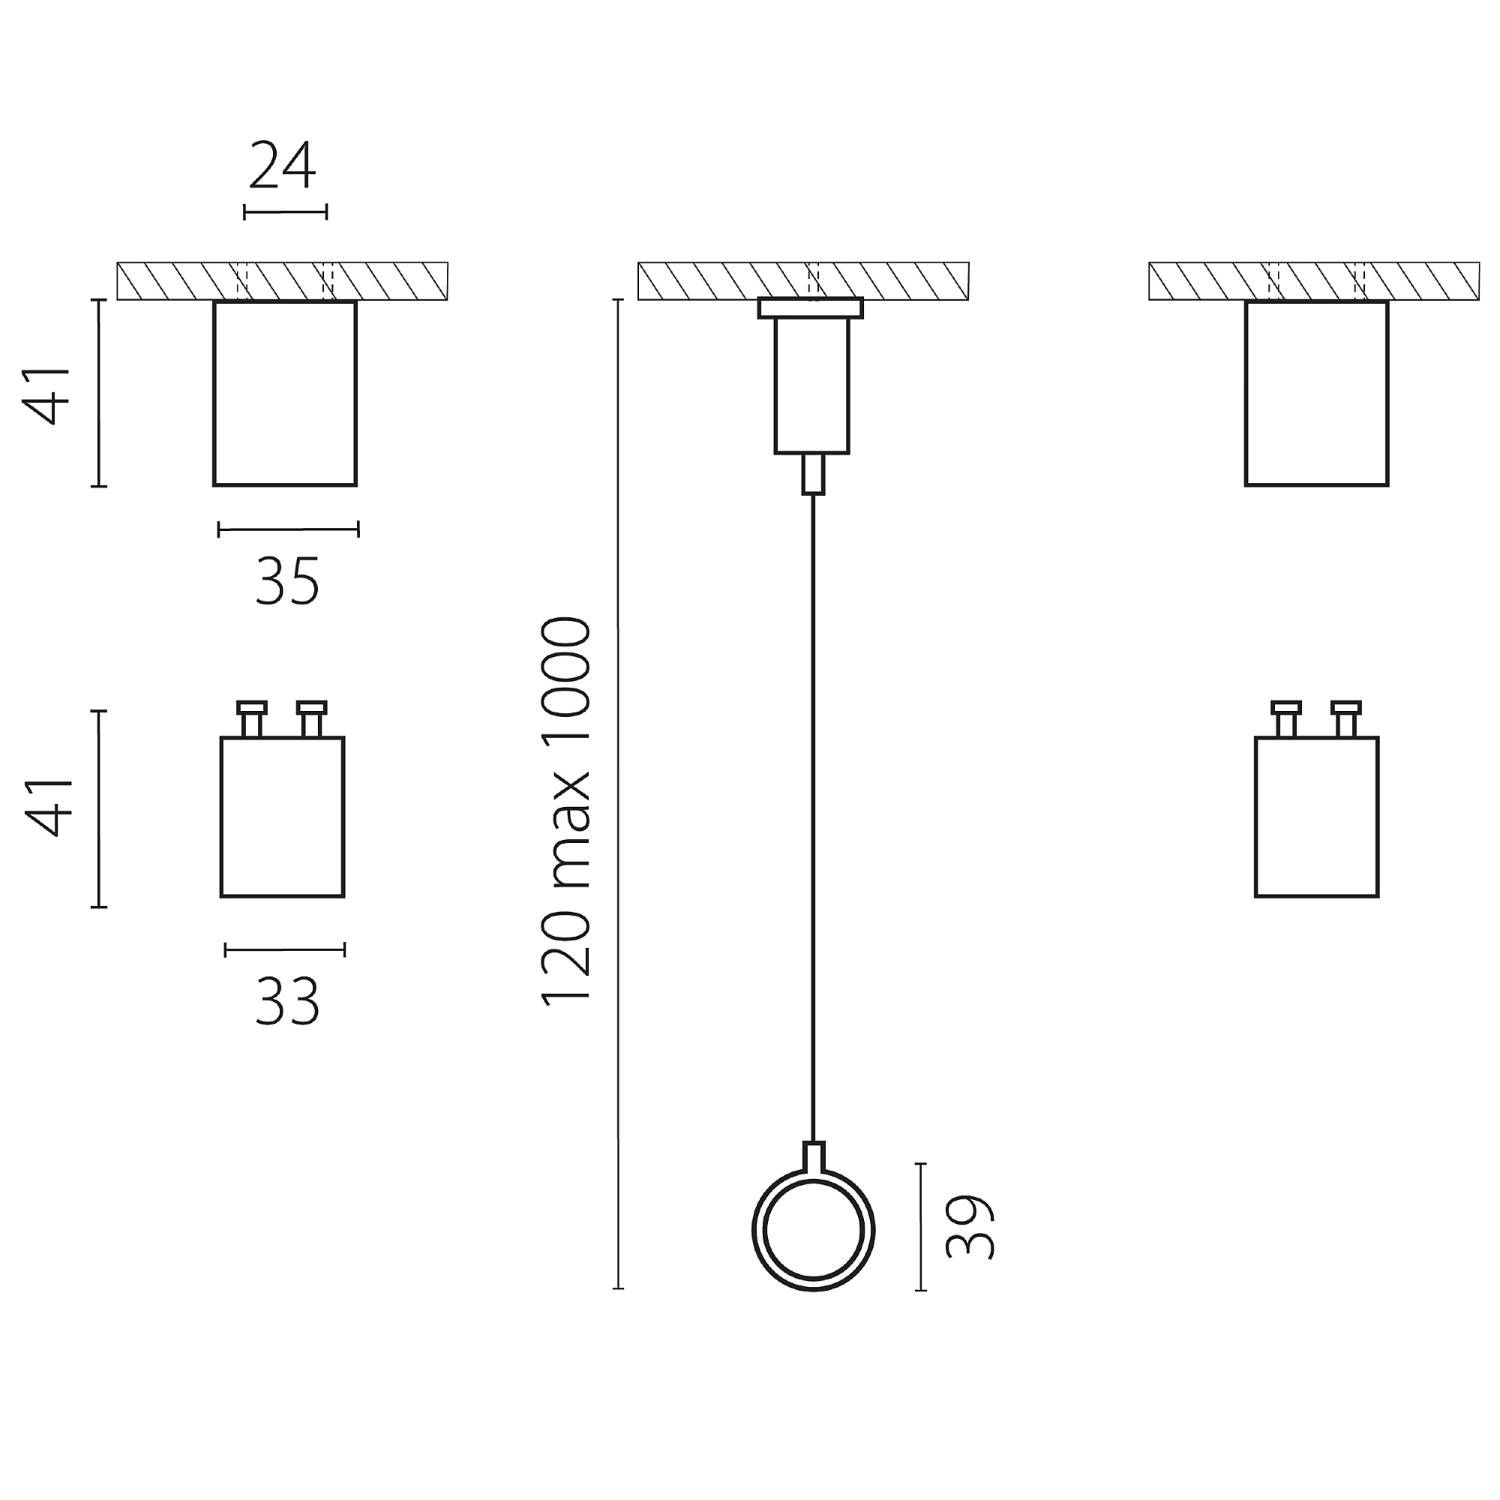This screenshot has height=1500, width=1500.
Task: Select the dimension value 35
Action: tap(287, 582)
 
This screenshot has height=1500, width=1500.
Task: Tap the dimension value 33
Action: tap(287, 1001)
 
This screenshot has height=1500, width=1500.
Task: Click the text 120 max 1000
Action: tap(567, 811)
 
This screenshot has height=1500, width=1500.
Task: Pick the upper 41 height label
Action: tap(50, 393)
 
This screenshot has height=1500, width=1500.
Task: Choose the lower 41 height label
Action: tap(50, 806)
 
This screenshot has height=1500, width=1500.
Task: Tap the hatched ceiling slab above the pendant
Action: tap(803, 280)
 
